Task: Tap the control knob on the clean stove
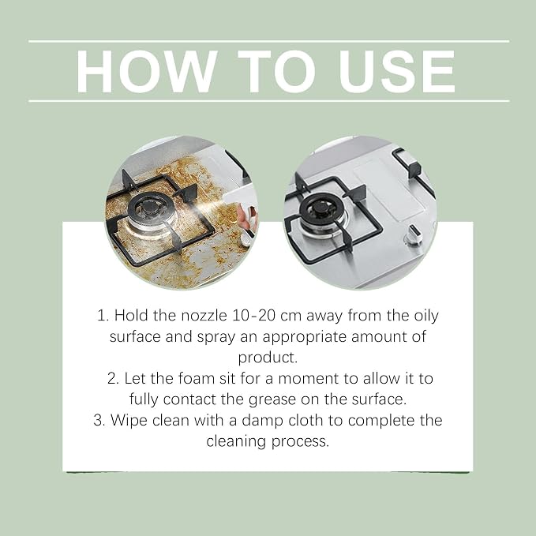[413, 235]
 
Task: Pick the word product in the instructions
[268, 358]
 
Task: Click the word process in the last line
[300, 441]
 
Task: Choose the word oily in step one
[426, 317]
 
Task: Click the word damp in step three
[263, 421]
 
